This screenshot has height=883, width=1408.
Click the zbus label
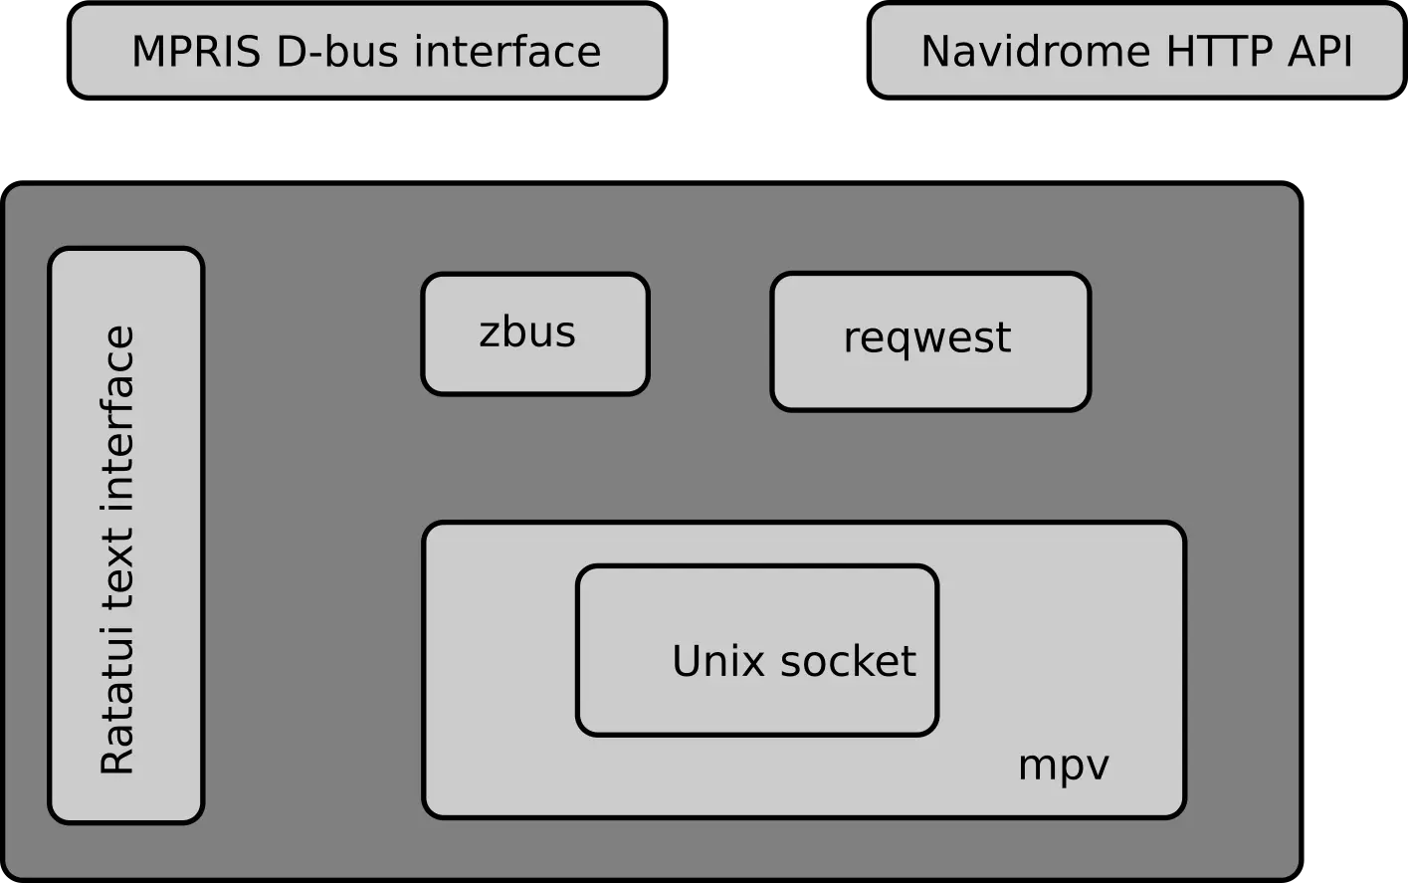[526, 332]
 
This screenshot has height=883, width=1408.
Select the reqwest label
[926, 338]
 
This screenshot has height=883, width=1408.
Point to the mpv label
[1063, 766]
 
